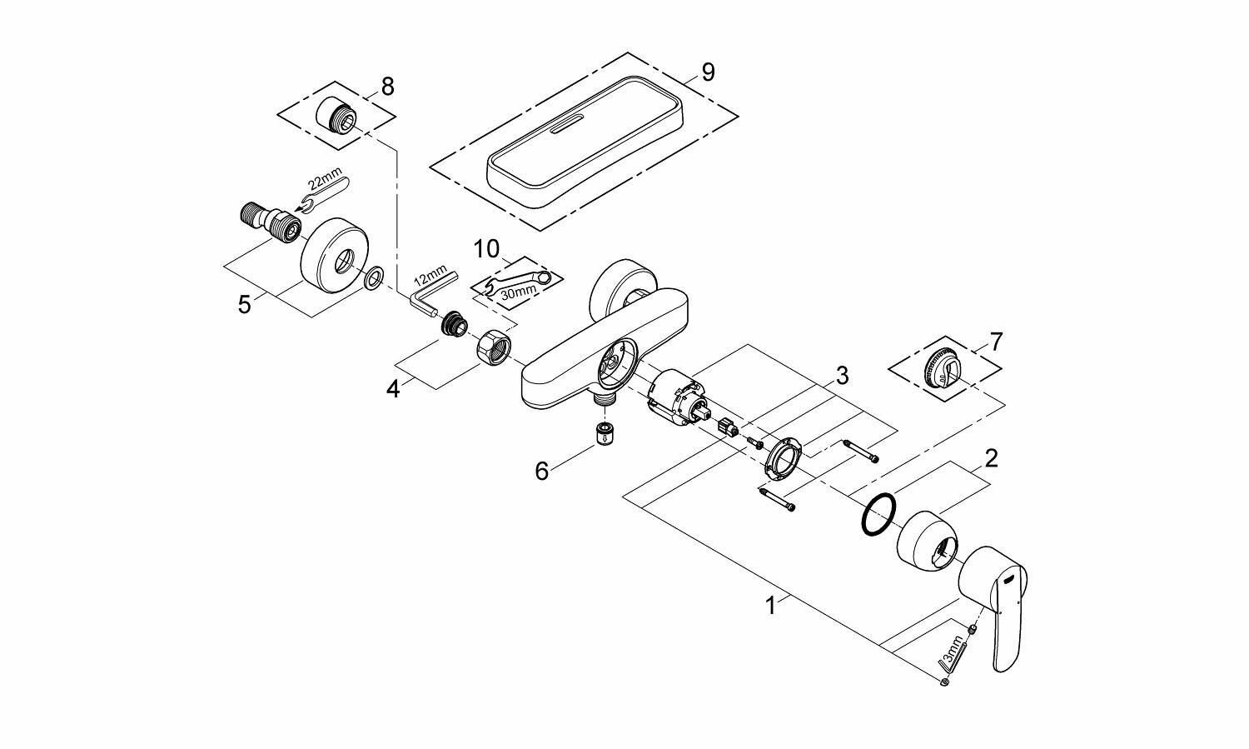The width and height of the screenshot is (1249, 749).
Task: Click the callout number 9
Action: tap(708, 72)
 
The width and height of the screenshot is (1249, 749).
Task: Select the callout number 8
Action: tap(387, 86)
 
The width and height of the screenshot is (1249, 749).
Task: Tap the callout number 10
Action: tap(486, 249)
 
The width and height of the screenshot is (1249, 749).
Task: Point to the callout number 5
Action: tap(244, 304)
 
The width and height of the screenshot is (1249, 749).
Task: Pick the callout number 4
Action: tap(393, 387)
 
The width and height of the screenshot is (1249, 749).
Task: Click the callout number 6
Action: tap(542, 472)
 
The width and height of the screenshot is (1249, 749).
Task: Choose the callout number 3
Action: tap(842, 375)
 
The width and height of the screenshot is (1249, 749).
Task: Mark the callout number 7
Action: tap(996, 342)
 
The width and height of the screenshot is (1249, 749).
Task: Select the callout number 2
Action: tap(991, 457)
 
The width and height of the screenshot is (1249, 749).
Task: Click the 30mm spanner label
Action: tap(519, 292)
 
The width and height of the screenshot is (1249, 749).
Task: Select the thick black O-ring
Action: tap(878, 514)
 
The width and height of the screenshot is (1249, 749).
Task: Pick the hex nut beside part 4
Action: tap(495, 346)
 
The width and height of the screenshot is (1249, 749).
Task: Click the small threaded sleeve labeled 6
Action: tap(600, 434)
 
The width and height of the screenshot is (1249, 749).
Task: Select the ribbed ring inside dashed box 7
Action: tap(943, 368)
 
